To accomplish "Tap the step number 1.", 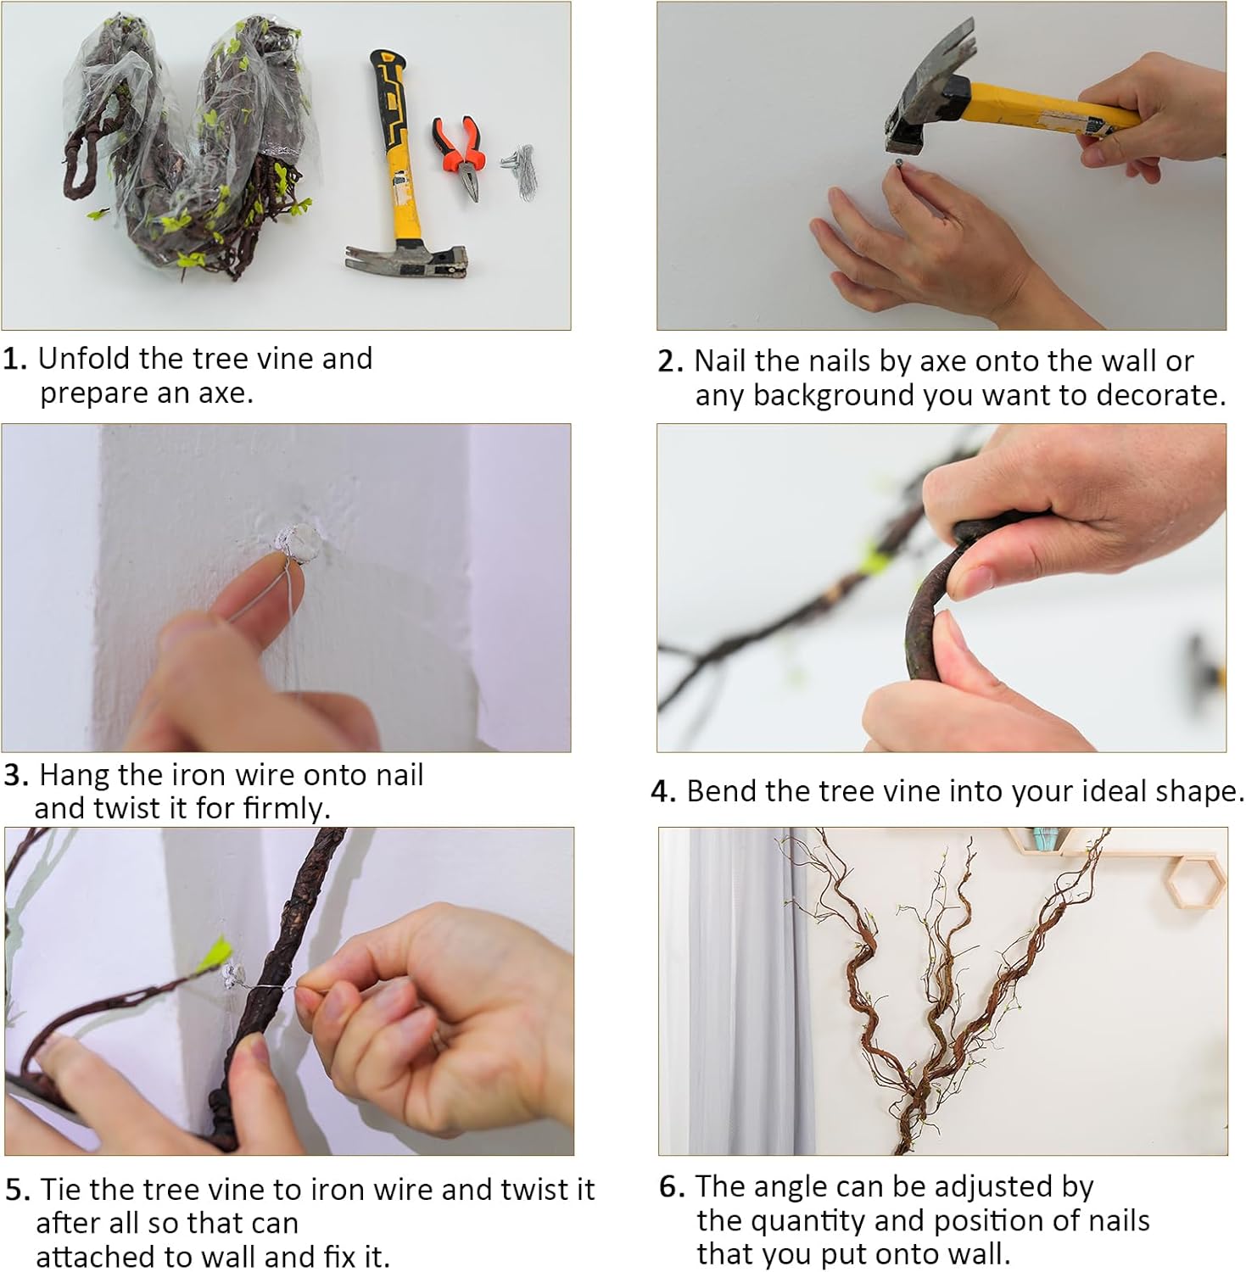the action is click(14, 360).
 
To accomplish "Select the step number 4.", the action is click(662, 792).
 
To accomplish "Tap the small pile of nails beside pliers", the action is click(518, 169).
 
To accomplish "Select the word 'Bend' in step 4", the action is click(722, 791).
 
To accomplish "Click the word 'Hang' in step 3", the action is click(75, 775).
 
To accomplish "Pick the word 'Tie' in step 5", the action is click(60, 1190).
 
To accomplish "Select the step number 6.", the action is click(671, 1187).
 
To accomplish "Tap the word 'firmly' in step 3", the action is click(285, 808).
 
